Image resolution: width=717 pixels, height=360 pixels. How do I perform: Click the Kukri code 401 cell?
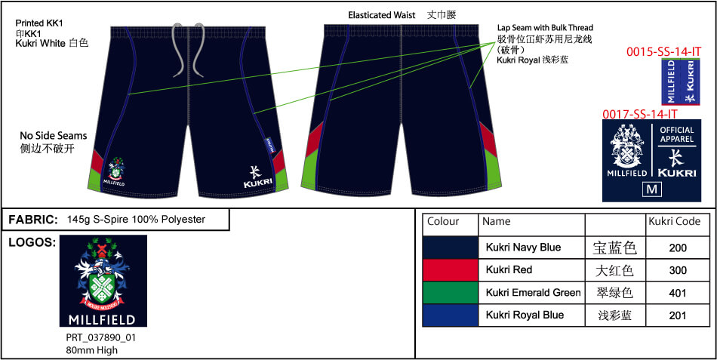point(678,292)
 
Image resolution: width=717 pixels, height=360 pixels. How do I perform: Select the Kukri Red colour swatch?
point(450,269)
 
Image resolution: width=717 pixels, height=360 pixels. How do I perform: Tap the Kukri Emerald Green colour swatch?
point(450,292)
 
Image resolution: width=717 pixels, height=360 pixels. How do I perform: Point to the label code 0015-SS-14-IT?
point(664,51)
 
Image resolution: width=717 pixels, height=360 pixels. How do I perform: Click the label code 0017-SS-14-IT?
point(639,114)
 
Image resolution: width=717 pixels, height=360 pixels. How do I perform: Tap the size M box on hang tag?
point(651,189)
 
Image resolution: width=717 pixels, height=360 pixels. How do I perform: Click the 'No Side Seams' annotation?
point(53,136)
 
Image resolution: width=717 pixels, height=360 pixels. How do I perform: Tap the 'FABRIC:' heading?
point(33,220)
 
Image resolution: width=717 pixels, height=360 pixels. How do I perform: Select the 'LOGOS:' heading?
point(30,242)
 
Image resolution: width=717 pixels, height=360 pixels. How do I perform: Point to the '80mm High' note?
point(91,350)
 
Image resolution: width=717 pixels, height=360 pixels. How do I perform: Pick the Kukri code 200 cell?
point(678,248)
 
